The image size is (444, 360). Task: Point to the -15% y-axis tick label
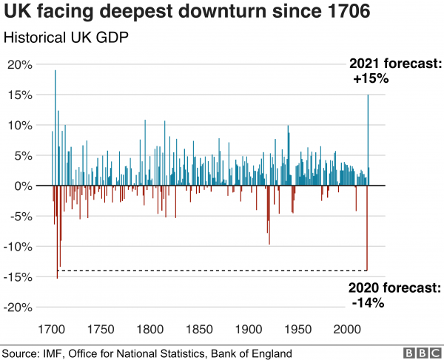[x=18, y=277]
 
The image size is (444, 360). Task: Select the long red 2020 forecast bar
[x=366, y=229]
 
